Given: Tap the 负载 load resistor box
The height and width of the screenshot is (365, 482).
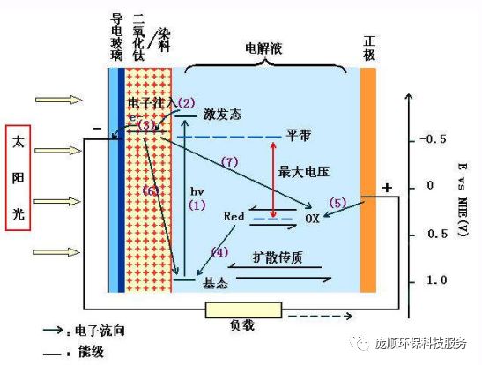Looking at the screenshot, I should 243,310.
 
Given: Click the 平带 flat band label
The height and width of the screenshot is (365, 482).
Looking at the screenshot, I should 298,137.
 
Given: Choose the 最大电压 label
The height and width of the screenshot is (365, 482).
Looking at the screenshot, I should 304,169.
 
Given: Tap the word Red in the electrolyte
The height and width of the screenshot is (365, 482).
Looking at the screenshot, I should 234,214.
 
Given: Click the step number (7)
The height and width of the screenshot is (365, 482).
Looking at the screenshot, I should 230,161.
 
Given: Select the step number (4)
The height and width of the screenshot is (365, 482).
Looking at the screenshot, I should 219,251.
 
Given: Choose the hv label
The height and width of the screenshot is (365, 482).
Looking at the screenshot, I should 197,190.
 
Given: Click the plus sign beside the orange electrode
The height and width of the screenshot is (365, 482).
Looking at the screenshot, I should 386,187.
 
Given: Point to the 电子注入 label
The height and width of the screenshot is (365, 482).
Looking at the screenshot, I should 151,103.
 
